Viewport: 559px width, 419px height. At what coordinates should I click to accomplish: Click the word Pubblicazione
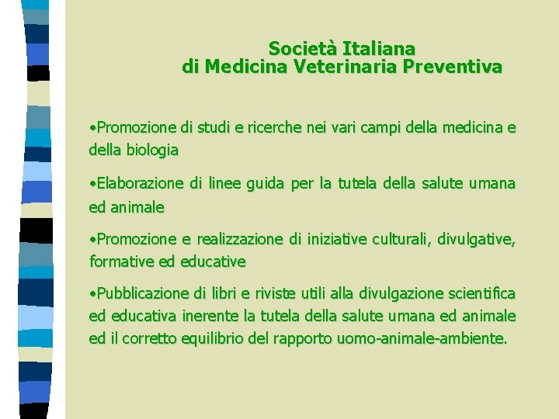143,293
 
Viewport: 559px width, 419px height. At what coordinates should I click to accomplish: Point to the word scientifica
478,293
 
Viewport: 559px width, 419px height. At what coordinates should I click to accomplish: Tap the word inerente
213,316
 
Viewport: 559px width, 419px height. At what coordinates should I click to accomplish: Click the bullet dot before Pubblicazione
92,294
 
